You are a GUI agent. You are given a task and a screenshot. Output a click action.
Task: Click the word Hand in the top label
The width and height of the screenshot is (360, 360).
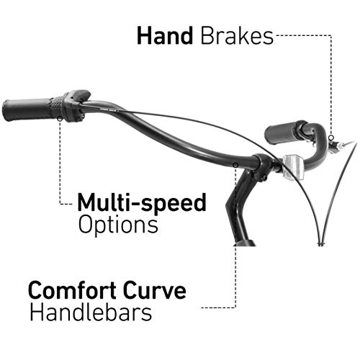165,36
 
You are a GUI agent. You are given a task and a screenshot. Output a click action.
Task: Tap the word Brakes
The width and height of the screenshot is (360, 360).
237,36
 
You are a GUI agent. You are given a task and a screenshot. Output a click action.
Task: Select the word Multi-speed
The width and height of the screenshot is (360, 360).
142,202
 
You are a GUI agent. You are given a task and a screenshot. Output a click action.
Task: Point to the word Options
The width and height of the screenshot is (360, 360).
118,225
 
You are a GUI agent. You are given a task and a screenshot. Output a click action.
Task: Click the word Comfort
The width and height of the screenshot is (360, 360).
73,290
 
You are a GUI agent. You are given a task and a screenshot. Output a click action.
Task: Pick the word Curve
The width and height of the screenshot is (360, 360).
155,290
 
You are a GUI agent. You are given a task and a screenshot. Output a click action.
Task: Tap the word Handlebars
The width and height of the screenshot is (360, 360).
91,312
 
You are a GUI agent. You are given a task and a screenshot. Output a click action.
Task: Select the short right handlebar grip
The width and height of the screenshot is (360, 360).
282,132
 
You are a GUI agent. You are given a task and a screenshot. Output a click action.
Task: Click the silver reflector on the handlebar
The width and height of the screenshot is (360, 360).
293,167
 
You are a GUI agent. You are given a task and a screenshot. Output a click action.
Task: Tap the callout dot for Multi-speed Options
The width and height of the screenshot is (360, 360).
60,119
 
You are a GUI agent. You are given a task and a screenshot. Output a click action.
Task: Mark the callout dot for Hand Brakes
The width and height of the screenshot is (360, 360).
331,138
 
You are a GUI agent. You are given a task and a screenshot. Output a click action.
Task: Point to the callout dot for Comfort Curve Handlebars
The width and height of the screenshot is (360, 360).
236,165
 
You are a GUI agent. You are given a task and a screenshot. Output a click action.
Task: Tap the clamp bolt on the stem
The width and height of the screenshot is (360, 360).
264,178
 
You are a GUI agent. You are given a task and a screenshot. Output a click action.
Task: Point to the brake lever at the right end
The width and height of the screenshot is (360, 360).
341,145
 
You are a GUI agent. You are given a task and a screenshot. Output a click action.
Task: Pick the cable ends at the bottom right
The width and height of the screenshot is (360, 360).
322,244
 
